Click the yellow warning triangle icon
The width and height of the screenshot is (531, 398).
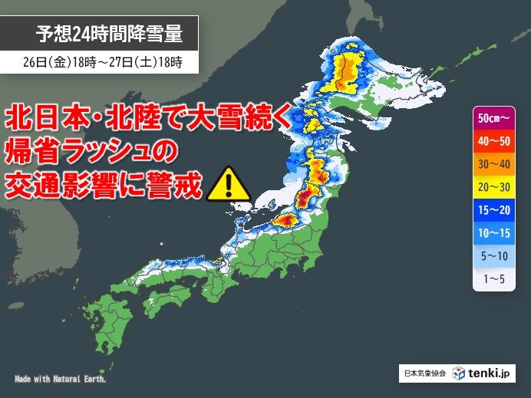pos(228,183)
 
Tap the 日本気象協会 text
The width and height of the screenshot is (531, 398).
pos(423,373)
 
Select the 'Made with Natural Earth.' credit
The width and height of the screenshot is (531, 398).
pos(61,379)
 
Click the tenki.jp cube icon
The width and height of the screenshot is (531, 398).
pos(458,373)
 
